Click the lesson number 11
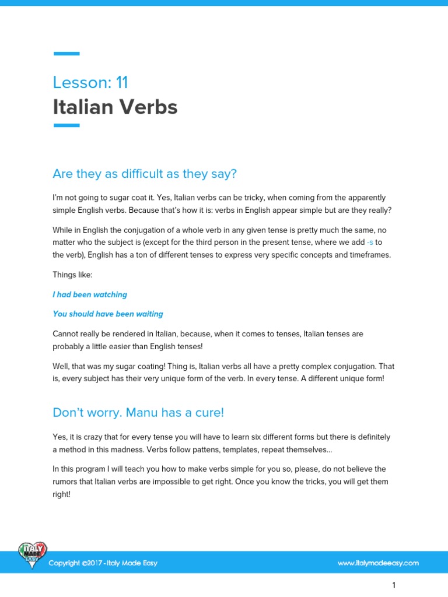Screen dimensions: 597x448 tap(121, 82)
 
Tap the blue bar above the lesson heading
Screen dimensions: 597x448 tap(66, 54)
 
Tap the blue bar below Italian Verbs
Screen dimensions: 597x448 tap(66, 125)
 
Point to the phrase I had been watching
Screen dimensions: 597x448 tap(90, 294)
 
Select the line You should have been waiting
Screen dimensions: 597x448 tap(108, 314)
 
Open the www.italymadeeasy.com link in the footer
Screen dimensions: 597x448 tap(378, 563)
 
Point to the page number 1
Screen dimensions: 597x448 tap(394, 585)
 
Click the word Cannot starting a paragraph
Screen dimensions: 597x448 tap(66, 334)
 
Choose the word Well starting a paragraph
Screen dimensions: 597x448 tap(61, 366)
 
